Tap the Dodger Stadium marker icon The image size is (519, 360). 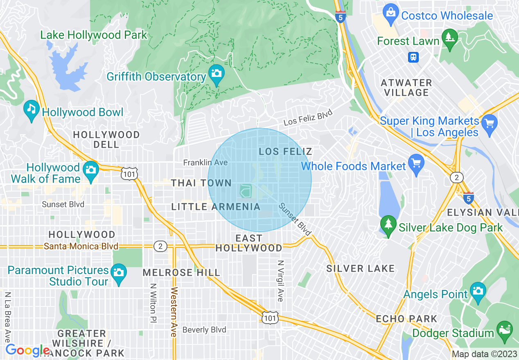(504, 330)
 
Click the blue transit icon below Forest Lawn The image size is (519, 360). (413, 57)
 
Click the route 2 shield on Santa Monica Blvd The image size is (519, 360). (160, 246)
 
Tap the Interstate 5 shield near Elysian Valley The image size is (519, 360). (468, 198)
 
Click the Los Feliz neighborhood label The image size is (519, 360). (286, 152)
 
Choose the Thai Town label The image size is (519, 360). (201, 183)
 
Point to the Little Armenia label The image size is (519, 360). (216, 207)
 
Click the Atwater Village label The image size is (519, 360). (406, 88)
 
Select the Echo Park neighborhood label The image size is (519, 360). (406, 319)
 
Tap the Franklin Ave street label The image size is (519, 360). (205, 163)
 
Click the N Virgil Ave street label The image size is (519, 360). (280, 281)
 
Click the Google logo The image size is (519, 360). (27, 351)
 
